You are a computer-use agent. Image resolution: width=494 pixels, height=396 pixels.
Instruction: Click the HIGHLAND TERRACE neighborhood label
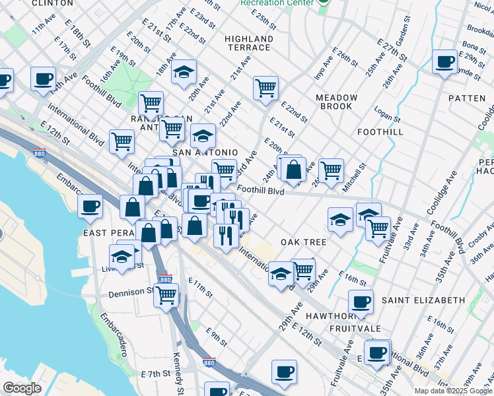point(248,43)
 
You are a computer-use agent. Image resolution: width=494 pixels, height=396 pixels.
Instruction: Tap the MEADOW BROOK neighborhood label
point(336,102)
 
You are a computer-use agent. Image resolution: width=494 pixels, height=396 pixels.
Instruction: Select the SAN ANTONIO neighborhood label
point(205,152)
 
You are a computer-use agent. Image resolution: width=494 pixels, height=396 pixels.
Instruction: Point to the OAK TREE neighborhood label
point(304,242)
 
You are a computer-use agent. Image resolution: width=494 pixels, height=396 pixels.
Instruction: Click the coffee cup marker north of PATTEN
point(444,63)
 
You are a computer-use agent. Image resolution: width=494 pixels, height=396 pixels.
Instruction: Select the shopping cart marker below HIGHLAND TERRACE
point(265,87)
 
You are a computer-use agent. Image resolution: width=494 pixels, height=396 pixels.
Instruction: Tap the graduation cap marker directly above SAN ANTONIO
point(203,135)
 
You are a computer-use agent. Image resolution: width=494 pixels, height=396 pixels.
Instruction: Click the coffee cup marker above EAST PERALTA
point(90,206)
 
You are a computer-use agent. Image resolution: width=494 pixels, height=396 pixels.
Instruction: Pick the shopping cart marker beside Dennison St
point(166,295)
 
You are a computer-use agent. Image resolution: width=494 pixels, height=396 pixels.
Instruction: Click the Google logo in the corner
point(22,388)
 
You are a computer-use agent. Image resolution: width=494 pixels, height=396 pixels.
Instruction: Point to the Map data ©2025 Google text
point(453,391)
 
